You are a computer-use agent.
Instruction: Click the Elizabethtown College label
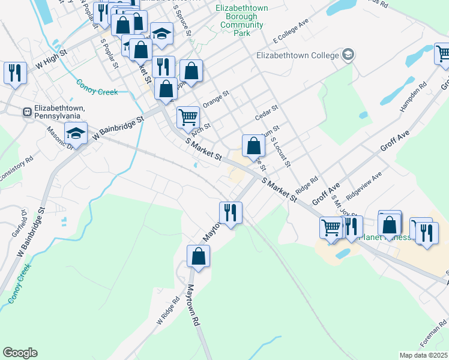click(x=298, y=55)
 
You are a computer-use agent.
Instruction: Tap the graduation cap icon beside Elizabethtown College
click(x=348, y=55)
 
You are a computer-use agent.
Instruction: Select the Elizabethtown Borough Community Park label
click(x=242, y=21)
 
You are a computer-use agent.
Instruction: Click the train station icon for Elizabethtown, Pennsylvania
click(x=27, y=112)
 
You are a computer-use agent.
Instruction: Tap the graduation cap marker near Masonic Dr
click(x=76, y=133)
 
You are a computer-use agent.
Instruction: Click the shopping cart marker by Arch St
click(x=188, y=116)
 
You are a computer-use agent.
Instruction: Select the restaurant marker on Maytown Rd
click(x=231, y=212)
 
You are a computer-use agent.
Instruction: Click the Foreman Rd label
click(x=434, y=338)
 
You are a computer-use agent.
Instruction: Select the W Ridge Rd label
click(x=169, y=311)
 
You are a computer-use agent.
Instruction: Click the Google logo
click(x=20, y=353)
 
